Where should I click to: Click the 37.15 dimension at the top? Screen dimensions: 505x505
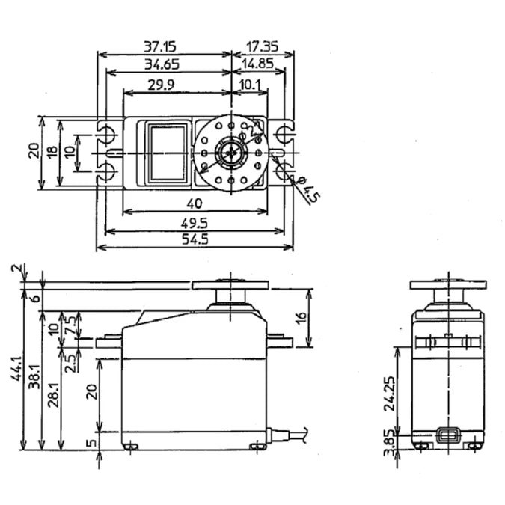point(166,46)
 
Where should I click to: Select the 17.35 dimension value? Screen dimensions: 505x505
point(257,46)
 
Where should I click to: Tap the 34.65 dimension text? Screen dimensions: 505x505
point(166,65)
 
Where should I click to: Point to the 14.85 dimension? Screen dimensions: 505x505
point(257,65)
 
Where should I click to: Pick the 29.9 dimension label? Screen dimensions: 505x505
point(161,85)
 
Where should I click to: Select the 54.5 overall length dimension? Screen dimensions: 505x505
point(194,241)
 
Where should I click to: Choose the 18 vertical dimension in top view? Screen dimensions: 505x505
point(52,151)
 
